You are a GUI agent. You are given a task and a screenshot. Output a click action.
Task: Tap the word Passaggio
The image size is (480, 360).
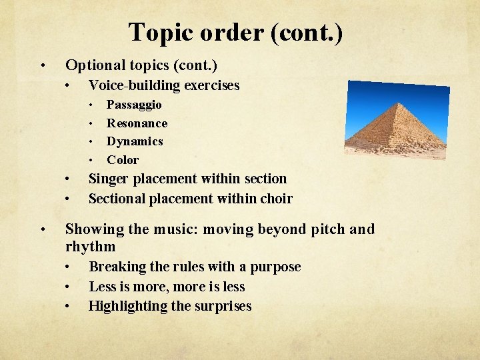134,105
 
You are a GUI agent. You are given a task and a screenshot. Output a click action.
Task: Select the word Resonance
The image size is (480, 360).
137,123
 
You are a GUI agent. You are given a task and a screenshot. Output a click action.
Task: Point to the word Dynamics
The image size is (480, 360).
135,141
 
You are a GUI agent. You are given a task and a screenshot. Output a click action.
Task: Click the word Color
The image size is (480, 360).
123,160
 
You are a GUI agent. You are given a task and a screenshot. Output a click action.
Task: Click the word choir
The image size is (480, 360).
276,199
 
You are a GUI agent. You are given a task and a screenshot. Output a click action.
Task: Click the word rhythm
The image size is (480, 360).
90,247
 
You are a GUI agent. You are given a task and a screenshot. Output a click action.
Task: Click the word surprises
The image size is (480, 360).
223,307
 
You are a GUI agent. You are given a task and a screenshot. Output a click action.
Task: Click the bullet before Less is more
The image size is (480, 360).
68,287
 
